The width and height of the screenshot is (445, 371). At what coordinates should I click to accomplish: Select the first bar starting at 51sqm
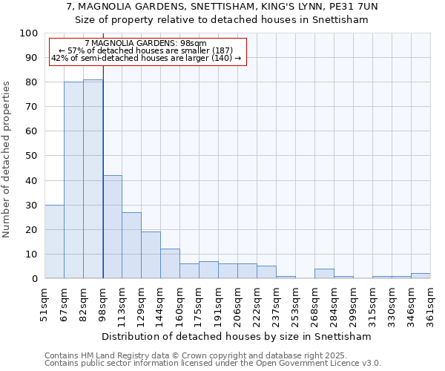[54, 241]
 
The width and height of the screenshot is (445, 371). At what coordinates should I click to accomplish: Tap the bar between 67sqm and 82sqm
[73, 180]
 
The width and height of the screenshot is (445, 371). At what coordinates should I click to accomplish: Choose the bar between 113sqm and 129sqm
[131, 245]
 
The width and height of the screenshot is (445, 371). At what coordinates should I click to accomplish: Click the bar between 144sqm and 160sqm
[170, 263]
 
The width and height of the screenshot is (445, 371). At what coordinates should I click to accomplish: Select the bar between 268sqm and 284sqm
[324, 273]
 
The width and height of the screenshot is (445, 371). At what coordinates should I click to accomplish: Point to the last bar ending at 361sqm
[421, 275]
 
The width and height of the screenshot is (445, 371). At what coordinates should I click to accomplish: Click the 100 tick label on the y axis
[29, 33]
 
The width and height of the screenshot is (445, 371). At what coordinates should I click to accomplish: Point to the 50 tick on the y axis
[32, 156]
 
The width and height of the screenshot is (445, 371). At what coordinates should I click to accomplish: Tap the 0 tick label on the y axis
[35, 278]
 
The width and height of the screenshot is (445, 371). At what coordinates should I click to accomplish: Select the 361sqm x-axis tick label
[430, 304]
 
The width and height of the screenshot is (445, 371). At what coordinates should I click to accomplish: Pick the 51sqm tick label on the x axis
[44, 304]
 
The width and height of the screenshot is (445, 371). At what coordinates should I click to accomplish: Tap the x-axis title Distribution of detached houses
[237, 336]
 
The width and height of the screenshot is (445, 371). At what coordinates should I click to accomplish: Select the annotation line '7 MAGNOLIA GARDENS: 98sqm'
[146, 44]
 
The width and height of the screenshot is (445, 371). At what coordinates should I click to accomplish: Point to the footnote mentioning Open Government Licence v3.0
[213, 364]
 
